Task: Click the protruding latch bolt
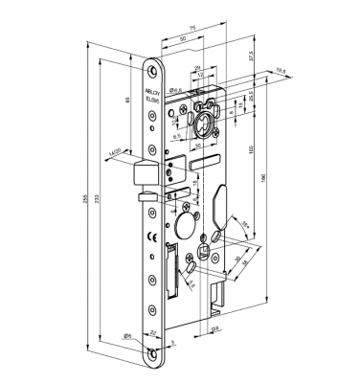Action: pos(144,174)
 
